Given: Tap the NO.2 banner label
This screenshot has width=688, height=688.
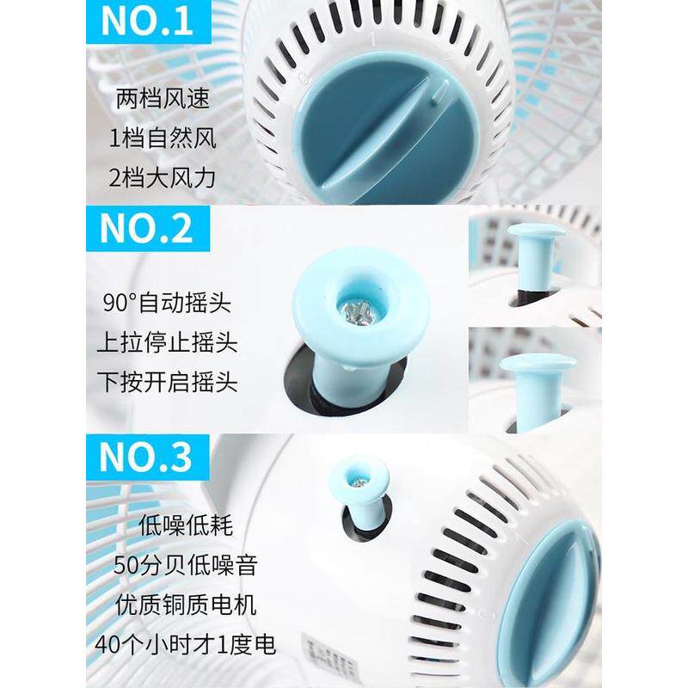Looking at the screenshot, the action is [148, 229].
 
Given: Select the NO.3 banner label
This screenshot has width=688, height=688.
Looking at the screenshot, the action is [147, 458].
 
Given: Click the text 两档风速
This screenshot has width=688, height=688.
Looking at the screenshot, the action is [163, 98].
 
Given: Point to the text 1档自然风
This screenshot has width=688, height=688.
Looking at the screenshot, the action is [163, 138].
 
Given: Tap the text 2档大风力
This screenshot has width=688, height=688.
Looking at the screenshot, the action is [163, 178].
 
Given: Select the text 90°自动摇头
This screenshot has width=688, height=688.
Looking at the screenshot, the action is [167, 303].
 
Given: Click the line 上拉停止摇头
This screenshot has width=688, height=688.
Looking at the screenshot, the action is [167, 342].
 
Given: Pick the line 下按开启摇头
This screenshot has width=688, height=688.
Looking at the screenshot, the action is [167, 382].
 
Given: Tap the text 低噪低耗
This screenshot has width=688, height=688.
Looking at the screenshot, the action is [186, 525].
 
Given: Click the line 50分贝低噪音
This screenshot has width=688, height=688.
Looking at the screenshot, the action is [185, 565].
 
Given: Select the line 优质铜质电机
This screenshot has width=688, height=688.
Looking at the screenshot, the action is [186, 605].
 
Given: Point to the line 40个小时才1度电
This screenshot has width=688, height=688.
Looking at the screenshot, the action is [185, 644].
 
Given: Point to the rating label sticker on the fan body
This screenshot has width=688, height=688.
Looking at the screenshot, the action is [330, 657].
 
